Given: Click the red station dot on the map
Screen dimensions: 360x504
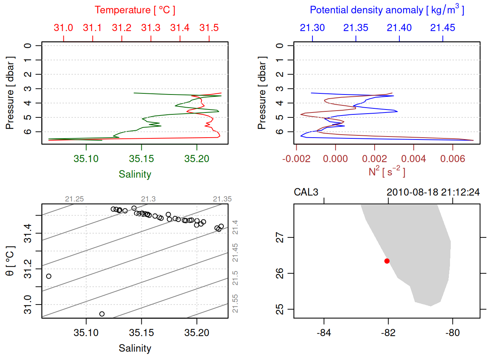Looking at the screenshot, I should tap(387, 261).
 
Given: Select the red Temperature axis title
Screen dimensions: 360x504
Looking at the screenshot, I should tap(135, 10).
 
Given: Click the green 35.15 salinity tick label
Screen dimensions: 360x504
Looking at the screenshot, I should tap(141, 159).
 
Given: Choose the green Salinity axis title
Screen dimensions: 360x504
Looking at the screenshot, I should tap(135, 174).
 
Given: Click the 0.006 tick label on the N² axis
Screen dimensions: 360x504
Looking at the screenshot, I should tap(453, 159).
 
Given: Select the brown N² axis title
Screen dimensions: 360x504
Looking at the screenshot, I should tap(387, 172).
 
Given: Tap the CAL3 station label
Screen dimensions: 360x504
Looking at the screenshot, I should tap(306, 192).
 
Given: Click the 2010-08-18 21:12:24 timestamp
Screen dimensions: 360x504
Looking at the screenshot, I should tap(433, 192).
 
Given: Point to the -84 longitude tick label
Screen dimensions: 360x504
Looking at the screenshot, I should tap(324, 333).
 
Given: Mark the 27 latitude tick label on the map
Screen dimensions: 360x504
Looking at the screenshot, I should tap(280, 237).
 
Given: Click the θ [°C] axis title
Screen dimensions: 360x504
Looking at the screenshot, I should tap(10, 261).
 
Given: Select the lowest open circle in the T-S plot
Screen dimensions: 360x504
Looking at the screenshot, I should tap(102, 314).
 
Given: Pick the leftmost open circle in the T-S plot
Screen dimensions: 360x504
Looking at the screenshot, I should tap(49, 276).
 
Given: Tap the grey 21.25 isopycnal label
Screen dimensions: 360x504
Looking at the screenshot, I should tap(74, 199).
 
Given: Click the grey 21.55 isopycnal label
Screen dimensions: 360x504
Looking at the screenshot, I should tap(235, 304).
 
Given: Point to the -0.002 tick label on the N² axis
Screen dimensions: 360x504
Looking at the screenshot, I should tap(296, 159).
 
